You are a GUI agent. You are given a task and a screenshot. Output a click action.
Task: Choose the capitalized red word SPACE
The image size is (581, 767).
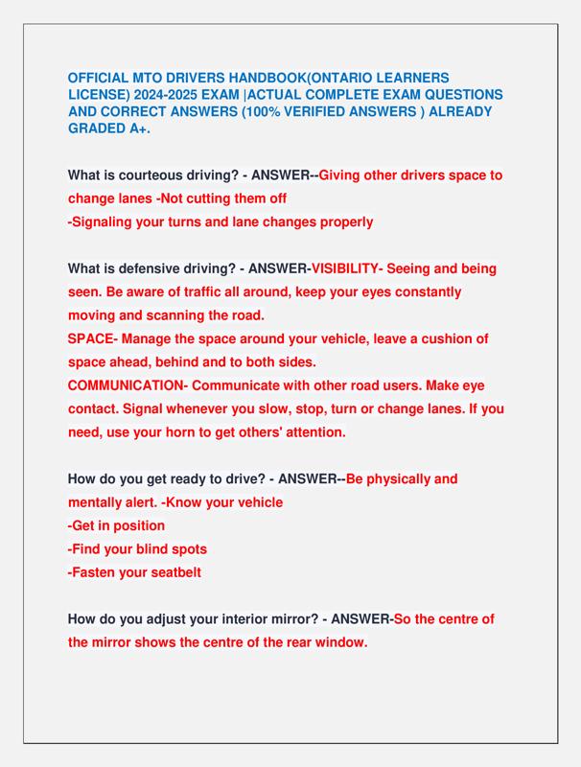coord(91,338)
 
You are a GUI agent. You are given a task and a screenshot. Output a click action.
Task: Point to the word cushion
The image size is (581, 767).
coord(447,338)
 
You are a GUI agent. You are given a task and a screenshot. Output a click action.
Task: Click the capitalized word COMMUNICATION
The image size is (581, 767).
coord(126,385)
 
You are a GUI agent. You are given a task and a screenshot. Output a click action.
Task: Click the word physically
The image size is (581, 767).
coord(403,478)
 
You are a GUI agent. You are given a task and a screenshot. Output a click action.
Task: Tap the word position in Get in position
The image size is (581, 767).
coord(136,525)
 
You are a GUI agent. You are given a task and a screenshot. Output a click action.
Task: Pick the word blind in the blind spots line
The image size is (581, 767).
coord(150,548)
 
